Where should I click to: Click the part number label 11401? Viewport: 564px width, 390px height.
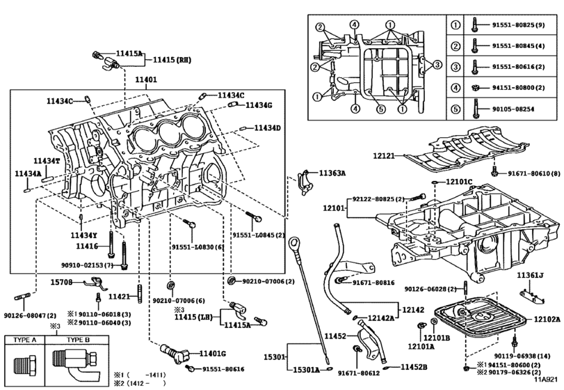(x=146, y=79)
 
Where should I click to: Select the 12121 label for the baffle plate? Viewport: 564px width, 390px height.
(x=383, y=156)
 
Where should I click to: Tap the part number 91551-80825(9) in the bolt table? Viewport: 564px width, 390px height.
(x=518, y=25)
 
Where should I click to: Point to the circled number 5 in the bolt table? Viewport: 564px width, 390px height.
(x=456, y=109)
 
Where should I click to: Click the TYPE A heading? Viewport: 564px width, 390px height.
(x=25, y=340)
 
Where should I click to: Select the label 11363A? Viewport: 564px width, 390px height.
(x=332, y=173)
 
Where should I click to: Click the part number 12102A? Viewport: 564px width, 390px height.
(x=547, y=319)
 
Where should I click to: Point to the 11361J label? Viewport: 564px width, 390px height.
(x=530, y=276)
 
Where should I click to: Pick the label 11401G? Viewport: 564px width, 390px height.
(x=213, y=354)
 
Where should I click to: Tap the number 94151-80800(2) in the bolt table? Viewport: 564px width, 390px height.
(x=518, y=88)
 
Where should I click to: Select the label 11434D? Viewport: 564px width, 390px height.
(x=267, y=128)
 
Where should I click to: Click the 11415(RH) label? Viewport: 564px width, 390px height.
(x=172, y=60)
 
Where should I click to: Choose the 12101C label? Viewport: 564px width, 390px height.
(x=459, y=182)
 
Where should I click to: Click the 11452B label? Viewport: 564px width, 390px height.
(x=414, y=367)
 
